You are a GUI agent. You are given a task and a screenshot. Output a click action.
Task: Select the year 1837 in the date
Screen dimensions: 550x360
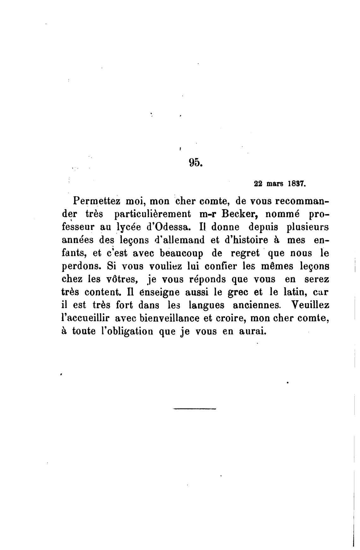[x=296, y=184]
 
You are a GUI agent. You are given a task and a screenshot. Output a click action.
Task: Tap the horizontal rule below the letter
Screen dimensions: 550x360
[x=195, y=409]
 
